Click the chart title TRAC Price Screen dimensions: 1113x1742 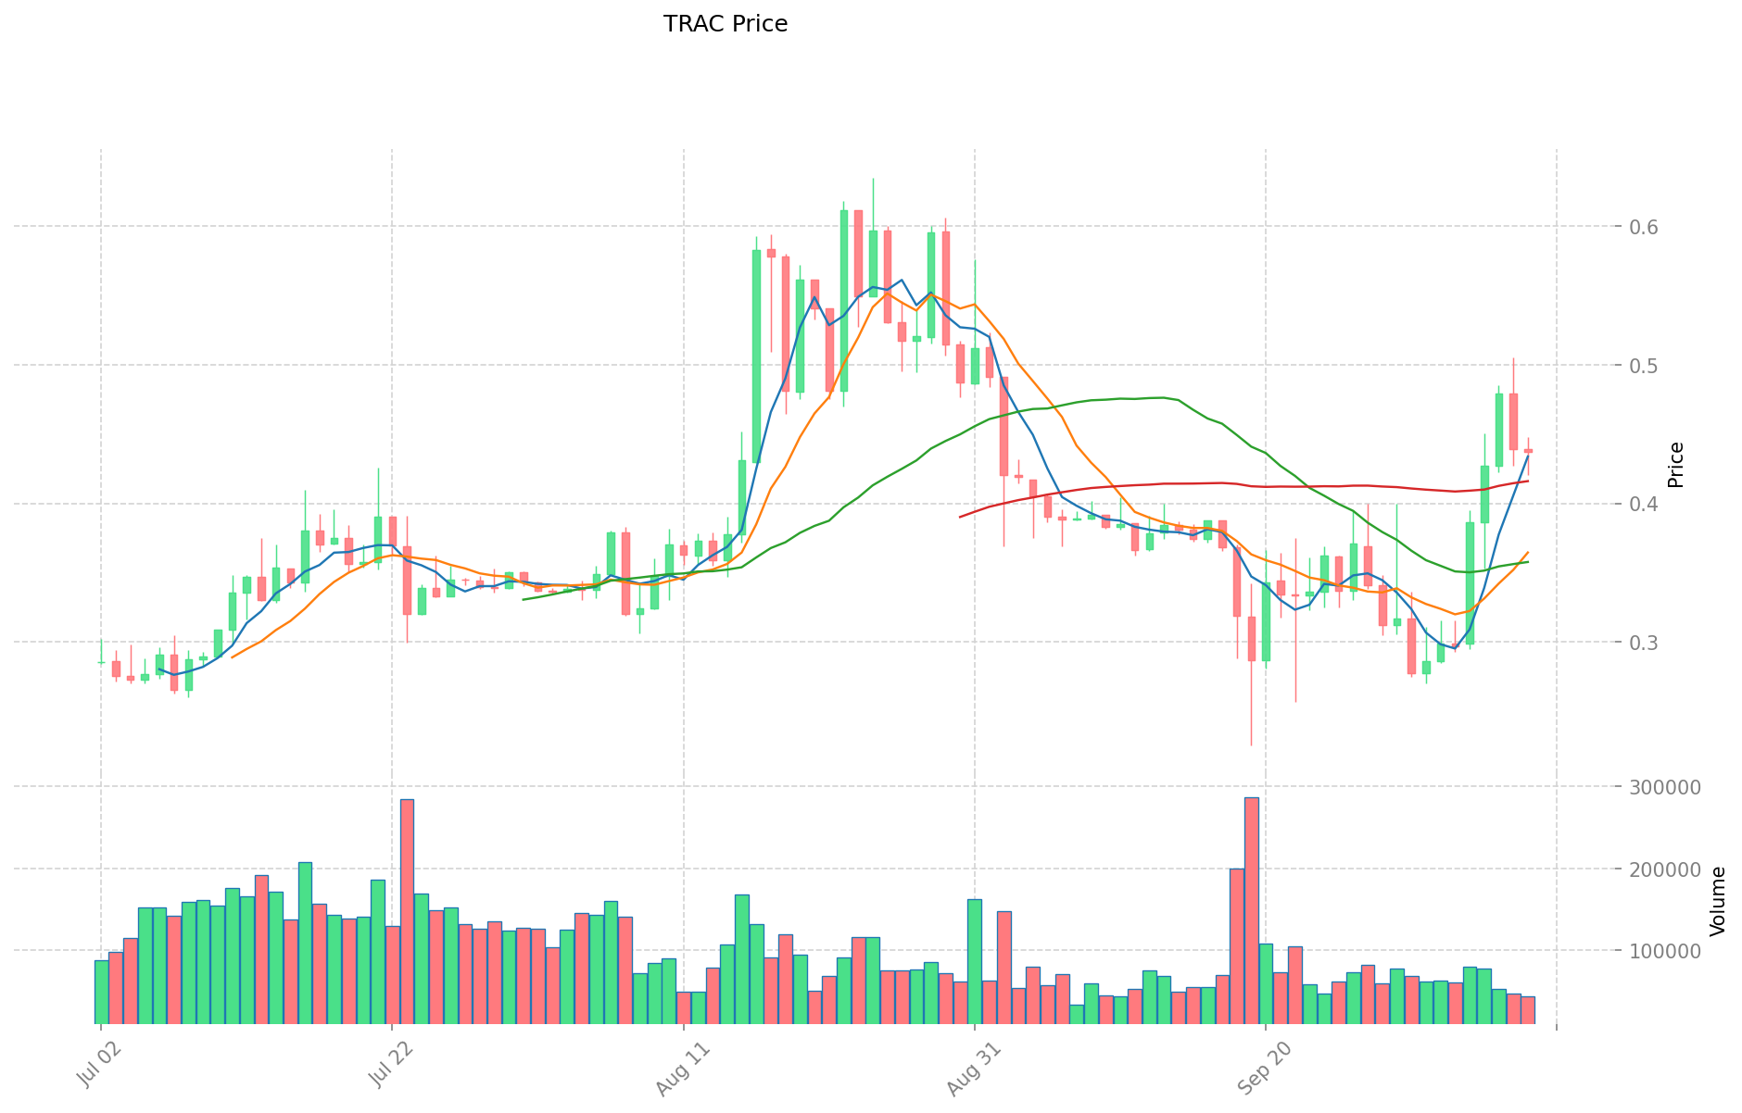726,24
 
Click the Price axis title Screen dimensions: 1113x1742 1675,465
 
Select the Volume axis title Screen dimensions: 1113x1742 1717,901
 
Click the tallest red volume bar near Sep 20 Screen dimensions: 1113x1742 1251,910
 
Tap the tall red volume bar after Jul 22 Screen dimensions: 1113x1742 407,911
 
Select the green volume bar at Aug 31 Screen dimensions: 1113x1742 975,961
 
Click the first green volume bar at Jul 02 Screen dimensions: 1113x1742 101,992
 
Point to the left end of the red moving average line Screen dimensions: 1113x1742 960,517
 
